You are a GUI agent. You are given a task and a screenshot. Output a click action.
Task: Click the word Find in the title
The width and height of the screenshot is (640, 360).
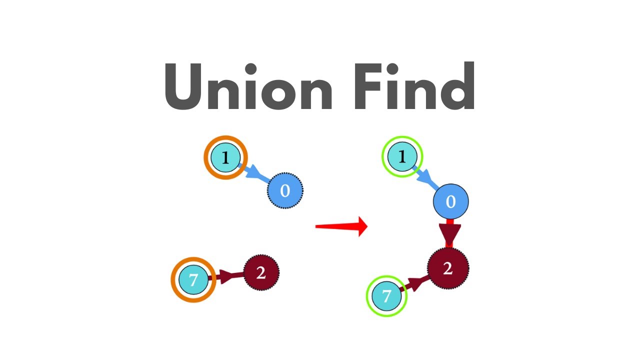tap(414, 85)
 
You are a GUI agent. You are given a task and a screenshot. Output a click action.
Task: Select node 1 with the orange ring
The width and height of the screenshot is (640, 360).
tap(225, 157)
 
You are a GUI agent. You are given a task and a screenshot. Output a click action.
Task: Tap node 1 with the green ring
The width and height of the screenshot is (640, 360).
tap(402, 156)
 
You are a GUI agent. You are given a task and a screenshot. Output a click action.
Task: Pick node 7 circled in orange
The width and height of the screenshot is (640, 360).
tap(193, 279)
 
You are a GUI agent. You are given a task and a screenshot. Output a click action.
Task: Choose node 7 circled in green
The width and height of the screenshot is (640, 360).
tap(386, 296)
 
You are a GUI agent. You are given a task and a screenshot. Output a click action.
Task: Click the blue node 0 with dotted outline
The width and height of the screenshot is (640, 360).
tap(285, 190)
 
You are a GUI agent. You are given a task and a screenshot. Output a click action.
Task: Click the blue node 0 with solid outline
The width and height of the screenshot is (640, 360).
tap(451, 201)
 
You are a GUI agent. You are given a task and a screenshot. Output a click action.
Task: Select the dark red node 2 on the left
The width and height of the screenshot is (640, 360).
tap(261, 273)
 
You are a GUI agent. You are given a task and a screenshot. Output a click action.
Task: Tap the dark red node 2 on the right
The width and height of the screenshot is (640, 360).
tap(448, 268)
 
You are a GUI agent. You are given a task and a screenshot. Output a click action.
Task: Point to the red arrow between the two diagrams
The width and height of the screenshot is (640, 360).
tap(341, 226)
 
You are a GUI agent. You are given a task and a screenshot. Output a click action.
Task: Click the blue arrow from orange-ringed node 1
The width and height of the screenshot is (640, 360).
tap(254, 173)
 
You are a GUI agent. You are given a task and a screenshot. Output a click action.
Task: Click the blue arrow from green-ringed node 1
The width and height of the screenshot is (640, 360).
tap(425, 177)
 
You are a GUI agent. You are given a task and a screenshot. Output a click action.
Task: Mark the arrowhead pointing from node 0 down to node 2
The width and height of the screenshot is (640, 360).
tap(449, 235)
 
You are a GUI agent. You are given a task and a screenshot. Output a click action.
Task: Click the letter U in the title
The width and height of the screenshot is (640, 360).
tap(183, 86)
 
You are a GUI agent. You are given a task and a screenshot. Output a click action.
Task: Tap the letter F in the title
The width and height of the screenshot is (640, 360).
tap(368, 86)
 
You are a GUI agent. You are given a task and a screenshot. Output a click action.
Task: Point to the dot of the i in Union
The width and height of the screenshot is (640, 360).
tap(251, 68)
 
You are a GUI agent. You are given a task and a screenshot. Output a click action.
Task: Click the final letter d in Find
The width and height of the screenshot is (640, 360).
tap(457, 85)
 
